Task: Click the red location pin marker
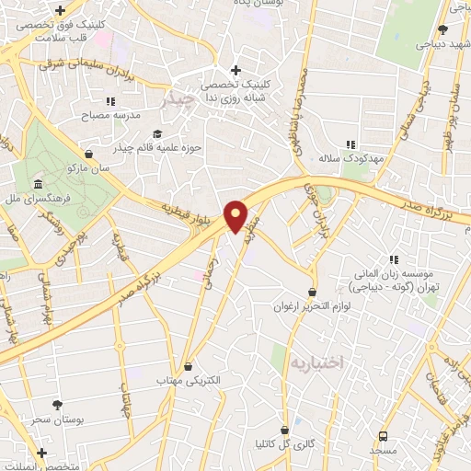click(237, 217)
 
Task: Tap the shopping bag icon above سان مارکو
click(88, 154)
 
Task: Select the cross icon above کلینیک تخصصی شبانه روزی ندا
click(236, 69)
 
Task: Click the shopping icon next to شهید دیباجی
click(442, 30)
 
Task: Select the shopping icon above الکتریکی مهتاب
click(189, 366)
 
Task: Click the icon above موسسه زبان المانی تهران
click(395, 260)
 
